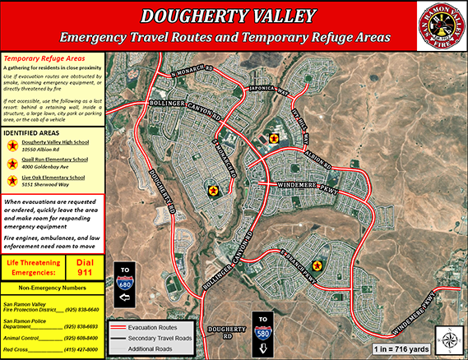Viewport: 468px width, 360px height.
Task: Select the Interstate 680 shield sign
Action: tap(126, 282)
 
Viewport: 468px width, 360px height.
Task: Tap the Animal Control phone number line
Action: tap(52, 338)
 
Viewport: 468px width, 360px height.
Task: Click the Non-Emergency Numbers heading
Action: tap(52, 288)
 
